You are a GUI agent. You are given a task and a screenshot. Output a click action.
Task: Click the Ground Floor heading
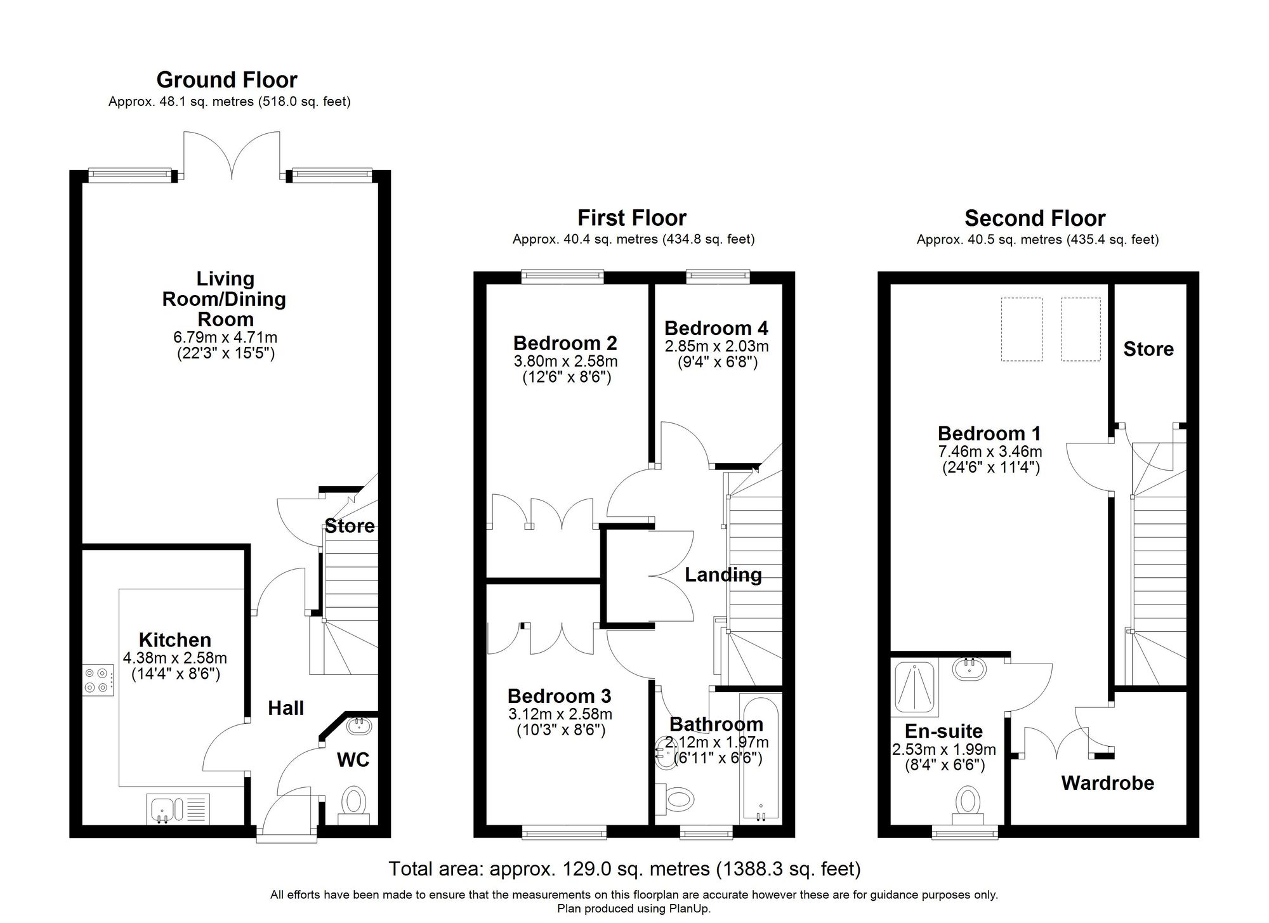coord(227,80)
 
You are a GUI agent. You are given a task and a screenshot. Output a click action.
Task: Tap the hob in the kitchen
coord(98,679)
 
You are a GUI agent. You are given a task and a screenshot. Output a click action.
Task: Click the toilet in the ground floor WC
coord(353,803)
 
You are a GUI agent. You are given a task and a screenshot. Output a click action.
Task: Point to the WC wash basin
coord(359,724)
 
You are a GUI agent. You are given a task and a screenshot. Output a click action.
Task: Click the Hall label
coord(286,708)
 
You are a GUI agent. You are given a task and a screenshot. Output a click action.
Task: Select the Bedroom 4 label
coord(716,328)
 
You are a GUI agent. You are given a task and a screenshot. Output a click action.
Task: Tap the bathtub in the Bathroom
coord(759,758)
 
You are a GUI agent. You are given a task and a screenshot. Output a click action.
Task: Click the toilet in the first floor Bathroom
coord(674,797)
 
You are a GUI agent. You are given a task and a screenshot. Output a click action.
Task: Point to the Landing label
coord(723,575)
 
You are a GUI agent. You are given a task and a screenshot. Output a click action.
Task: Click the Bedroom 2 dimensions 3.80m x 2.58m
coord(565,362)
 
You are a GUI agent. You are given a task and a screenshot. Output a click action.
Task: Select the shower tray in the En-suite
coord(914,686)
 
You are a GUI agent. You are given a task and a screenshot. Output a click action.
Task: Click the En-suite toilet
coord(968,802)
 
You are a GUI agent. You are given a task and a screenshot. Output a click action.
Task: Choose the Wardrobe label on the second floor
coord(1107,783)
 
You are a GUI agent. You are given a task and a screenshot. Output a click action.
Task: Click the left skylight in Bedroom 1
coord(1022,329)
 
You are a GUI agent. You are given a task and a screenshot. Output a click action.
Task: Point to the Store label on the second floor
coord(1148,349)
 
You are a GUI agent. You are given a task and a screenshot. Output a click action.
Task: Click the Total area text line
coord(624,868)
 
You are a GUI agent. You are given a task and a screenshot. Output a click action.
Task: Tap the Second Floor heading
coord(1035,218)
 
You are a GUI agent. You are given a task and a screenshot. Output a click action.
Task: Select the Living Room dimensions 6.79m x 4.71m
coord(226,338)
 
